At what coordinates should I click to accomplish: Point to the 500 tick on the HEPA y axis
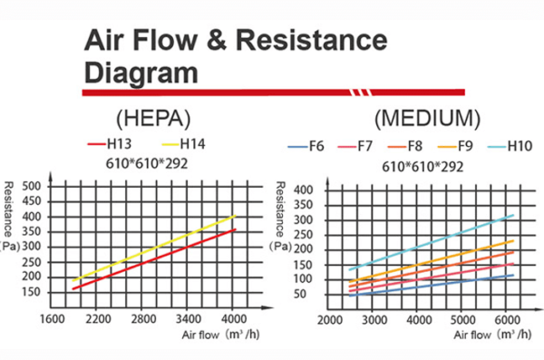tap(33, 185)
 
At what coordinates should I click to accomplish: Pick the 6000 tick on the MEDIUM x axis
tap(509, 320)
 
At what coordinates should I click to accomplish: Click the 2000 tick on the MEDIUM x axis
tap(328, 320)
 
